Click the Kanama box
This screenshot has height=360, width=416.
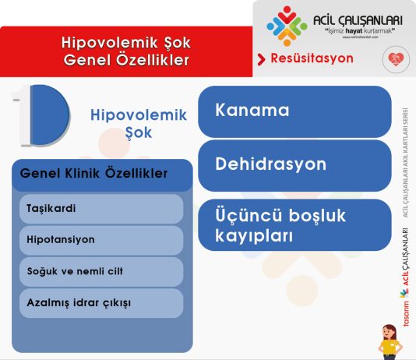point(294,111)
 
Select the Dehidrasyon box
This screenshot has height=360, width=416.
point(294,165)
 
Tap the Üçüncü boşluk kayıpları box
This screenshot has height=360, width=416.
point(294,224)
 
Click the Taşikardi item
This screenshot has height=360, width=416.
point(101,209)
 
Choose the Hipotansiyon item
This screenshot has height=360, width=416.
point(101,240)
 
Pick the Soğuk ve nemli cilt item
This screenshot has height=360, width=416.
point(101,271)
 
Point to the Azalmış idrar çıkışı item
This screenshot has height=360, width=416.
point(101,302)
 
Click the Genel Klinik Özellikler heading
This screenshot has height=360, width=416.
point(94,174)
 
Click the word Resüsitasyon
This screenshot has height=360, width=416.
point(312,58)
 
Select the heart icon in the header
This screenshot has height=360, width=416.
point(394,59)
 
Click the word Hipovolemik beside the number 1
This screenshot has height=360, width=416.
point(139,115)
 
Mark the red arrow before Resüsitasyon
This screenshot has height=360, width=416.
point(262,59)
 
